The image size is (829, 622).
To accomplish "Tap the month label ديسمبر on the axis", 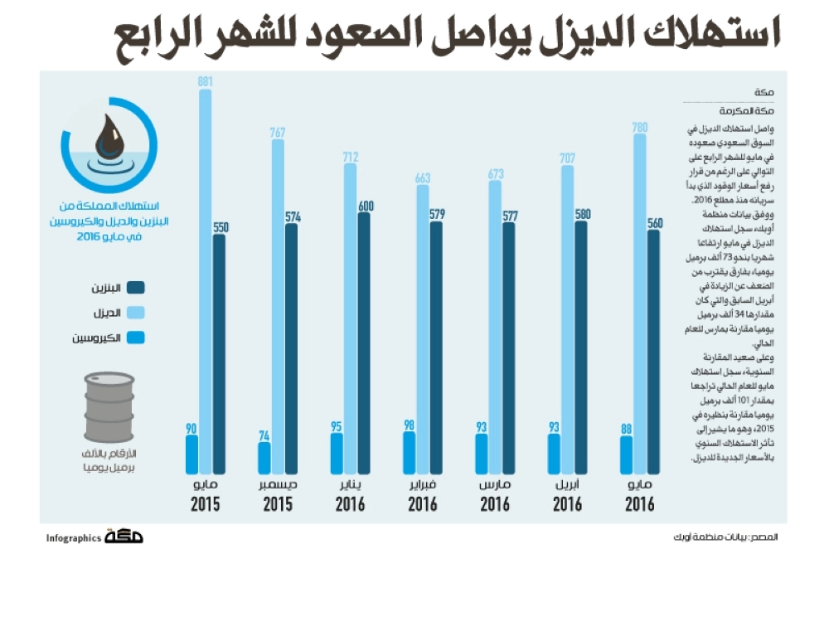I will [x=278, y=485].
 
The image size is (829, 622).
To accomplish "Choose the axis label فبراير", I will [x=423, y=485].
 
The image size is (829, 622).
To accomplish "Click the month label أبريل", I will [x=568, y=485].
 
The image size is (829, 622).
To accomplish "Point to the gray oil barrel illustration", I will [x=109, y=407].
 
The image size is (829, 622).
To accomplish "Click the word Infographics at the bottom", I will [x=74, y=538].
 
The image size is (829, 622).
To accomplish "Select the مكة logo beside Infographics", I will [x=124, y=537].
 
